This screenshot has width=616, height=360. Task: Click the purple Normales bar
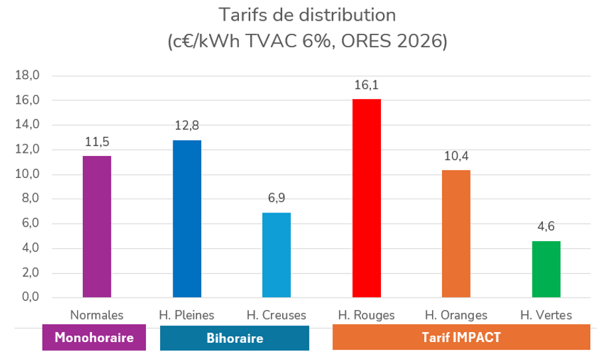[x=97, y=226]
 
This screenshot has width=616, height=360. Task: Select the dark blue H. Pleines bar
[x=187, y=219]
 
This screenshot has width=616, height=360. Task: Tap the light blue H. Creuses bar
[x=276, y=255]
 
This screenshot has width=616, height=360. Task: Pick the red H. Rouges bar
[x=366, y=198]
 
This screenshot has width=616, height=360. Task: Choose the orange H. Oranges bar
[x=456, y=233]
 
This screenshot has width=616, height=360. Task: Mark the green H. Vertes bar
[x=546, y=269]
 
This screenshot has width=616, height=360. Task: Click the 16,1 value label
[x=366, y=85]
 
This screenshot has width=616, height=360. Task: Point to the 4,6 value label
[x=546, y=227]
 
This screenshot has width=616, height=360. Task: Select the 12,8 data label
[x=187, y=126]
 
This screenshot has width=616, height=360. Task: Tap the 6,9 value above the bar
[x=276, y=199]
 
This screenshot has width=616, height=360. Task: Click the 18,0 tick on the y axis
[x=28, y=76]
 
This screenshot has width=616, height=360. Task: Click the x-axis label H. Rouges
[x=366, y=315]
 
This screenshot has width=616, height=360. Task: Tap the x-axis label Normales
[x=97, y=315]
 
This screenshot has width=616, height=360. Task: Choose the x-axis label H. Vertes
[x=546, y=315]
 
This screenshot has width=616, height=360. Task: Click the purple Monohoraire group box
[x=94, y=337]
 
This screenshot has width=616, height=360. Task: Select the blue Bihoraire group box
[x=234, y=337]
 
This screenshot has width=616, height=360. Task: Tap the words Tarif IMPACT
[x=461, y=337]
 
